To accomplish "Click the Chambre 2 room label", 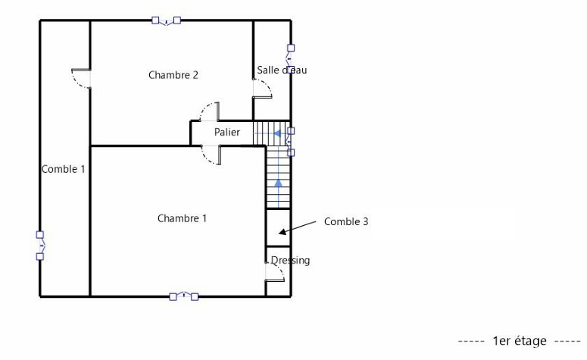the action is tap(173, 75).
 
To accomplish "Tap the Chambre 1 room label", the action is tap(182, 218).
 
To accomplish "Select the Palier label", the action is tap(227, 132).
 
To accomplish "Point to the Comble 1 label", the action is tap(64, 169).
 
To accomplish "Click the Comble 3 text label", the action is tap(346, 221).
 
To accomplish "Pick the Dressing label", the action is tap(290, 261).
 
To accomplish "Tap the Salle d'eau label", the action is tap(282, 70).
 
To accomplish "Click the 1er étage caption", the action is tap(520, 341).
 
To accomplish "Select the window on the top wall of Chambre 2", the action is tap(166, 20).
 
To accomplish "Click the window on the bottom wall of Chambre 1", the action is tap(184, 296).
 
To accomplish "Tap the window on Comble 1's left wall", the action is tap(40, 246).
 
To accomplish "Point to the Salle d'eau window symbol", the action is tap(290, 58).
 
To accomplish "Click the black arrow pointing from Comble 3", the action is tap(298, 228).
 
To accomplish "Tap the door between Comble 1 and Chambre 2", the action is tap(82, 78).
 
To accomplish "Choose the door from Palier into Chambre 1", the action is tap(211, 155).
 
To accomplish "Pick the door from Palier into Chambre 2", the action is tap(210, 112).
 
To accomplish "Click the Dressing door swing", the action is tap(275, 271).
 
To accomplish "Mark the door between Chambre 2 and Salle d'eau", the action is tap(262, 89).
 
